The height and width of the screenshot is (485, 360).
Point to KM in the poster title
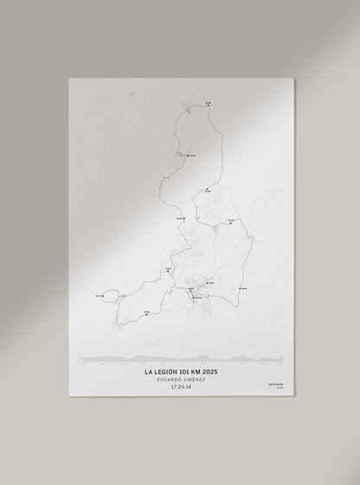pyautogui.click(x=200, y=374)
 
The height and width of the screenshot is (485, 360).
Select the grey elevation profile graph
pyautogui.click(x=182, y=358)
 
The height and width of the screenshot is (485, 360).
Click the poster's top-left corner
pyautogui.click(x=69, y=79)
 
